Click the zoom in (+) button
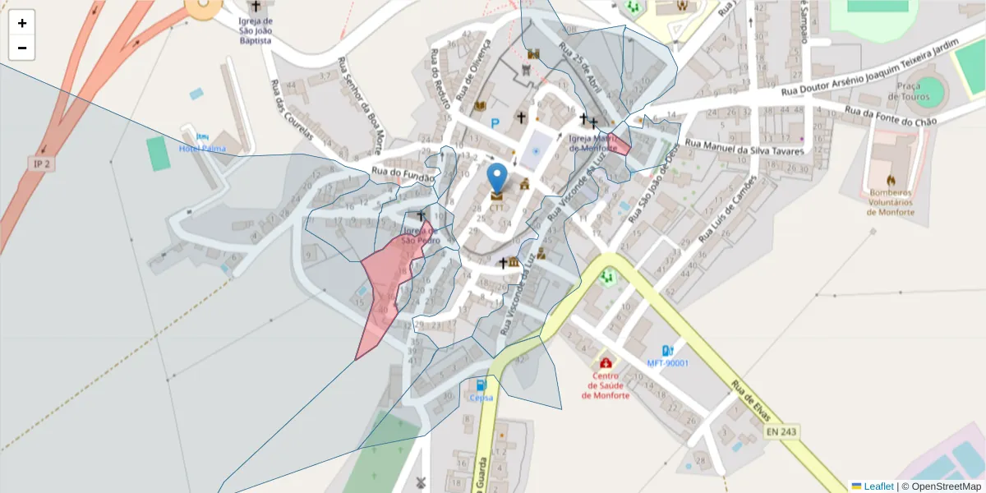coord(22,23)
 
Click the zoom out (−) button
coord(22,48)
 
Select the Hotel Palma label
coord(201,148)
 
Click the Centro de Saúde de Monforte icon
coord(606,362)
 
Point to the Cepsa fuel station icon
coord(481,385)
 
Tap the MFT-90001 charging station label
coord(667,363)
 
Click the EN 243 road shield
coord(781,431)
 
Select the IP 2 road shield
coord(41,164)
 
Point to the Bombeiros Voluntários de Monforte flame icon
coord(892,180)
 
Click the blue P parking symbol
coord(495,124)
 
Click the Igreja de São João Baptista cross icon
coord(256,7)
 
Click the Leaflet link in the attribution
coord(878,486)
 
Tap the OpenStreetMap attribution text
coord(941,486)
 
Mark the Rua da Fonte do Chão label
coord(891,116)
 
